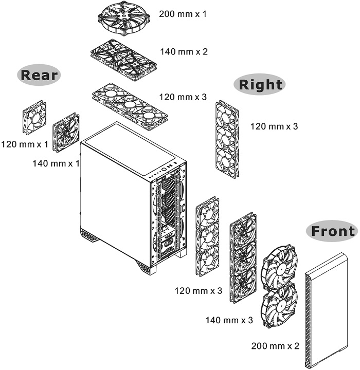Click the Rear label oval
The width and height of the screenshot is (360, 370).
click(x=39, y=75)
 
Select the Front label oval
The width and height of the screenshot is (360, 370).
click(x=332, y=231)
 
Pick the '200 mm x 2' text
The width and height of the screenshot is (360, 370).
click(x=275, y=345)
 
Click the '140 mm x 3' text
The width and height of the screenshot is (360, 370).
click(x=229, y=320)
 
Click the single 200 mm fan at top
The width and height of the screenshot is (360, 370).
click(x=125, y=17)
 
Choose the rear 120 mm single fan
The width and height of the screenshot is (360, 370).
click(x=34, y=118)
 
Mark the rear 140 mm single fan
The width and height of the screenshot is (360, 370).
click(x=66, y=133)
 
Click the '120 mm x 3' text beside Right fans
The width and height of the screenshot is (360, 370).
click(x=274, y=126)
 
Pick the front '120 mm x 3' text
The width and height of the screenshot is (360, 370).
click(x=198, y=291)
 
